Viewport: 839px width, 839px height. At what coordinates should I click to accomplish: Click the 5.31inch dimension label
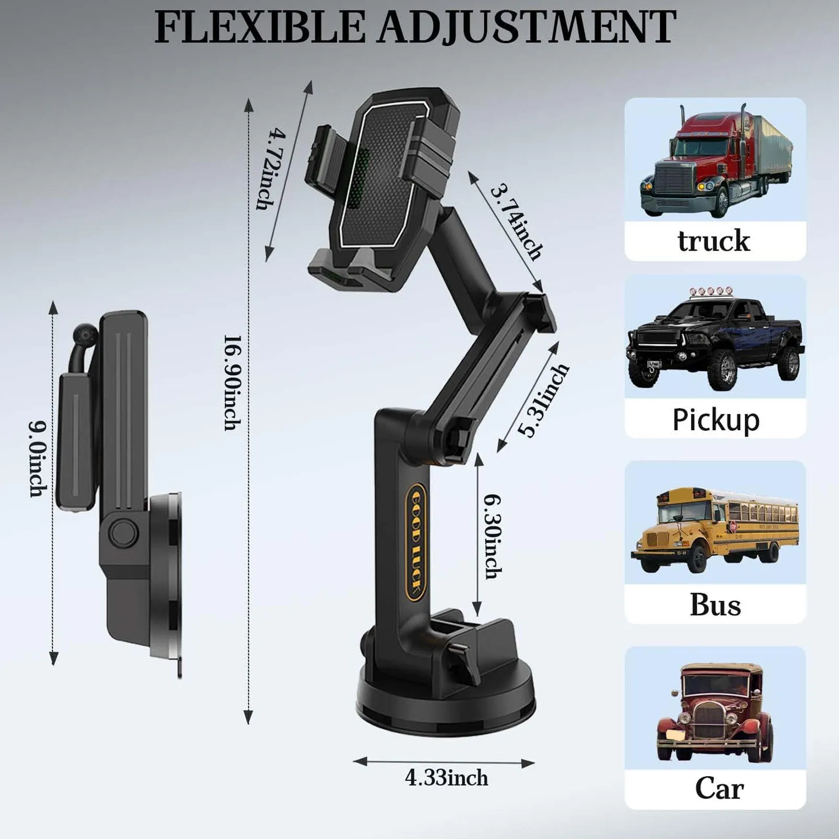coord(543,399)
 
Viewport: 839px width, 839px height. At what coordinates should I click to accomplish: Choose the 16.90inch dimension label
coord(233,383)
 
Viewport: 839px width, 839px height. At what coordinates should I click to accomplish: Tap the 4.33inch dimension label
coord(446,778)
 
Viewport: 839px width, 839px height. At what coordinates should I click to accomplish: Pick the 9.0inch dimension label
coord(38,459)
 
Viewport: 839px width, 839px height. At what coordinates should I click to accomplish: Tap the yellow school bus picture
coord(715,529)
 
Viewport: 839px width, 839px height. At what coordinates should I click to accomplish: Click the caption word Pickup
coord(716,420)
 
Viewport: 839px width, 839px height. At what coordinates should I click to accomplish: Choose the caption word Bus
coord(715,605)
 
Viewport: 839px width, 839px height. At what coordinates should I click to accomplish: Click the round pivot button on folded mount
coord(124,532)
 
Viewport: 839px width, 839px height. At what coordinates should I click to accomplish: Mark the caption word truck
coord(714,241)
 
